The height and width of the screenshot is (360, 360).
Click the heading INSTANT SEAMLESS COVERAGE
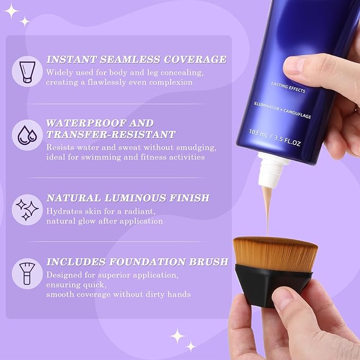pyautogui.click(x=136, y=59)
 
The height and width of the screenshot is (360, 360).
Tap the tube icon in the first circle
pyautogui.click(x=27, y=71)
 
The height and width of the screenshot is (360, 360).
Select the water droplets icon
pyautogui.click(x=27, y=135)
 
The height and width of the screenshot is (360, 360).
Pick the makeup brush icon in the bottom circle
pyautogui.click(x=27, y=273)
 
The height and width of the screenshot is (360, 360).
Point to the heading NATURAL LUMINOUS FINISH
pyautogui.click(x=128, y=198)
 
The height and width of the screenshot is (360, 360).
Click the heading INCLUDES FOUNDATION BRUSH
pyautogui.click(x=137, y=262)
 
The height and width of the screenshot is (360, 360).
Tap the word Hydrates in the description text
pyautogui.click(x=62, y=211)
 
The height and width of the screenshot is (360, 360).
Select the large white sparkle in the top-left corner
pyautogui.click(x=10, y=10)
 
